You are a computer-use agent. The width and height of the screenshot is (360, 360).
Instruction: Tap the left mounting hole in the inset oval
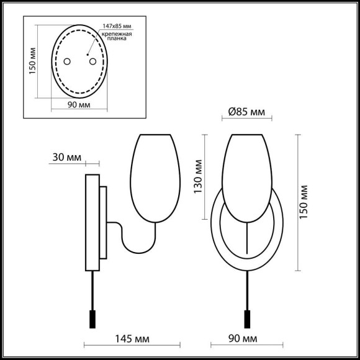coord(68,61)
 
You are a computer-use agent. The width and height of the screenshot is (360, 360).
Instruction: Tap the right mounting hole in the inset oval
coord(92,61)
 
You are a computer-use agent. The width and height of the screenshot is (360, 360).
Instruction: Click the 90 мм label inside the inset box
coord(79,106)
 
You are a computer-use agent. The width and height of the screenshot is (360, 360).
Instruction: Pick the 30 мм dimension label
coord(66,158)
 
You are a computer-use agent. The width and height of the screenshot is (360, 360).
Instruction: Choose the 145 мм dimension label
coord(129,340)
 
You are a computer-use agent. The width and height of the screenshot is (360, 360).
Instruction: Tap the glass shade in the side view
coord(155,177)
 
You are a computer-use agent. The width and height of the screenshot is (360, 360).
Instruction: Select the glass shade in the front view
coord(246,177)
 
